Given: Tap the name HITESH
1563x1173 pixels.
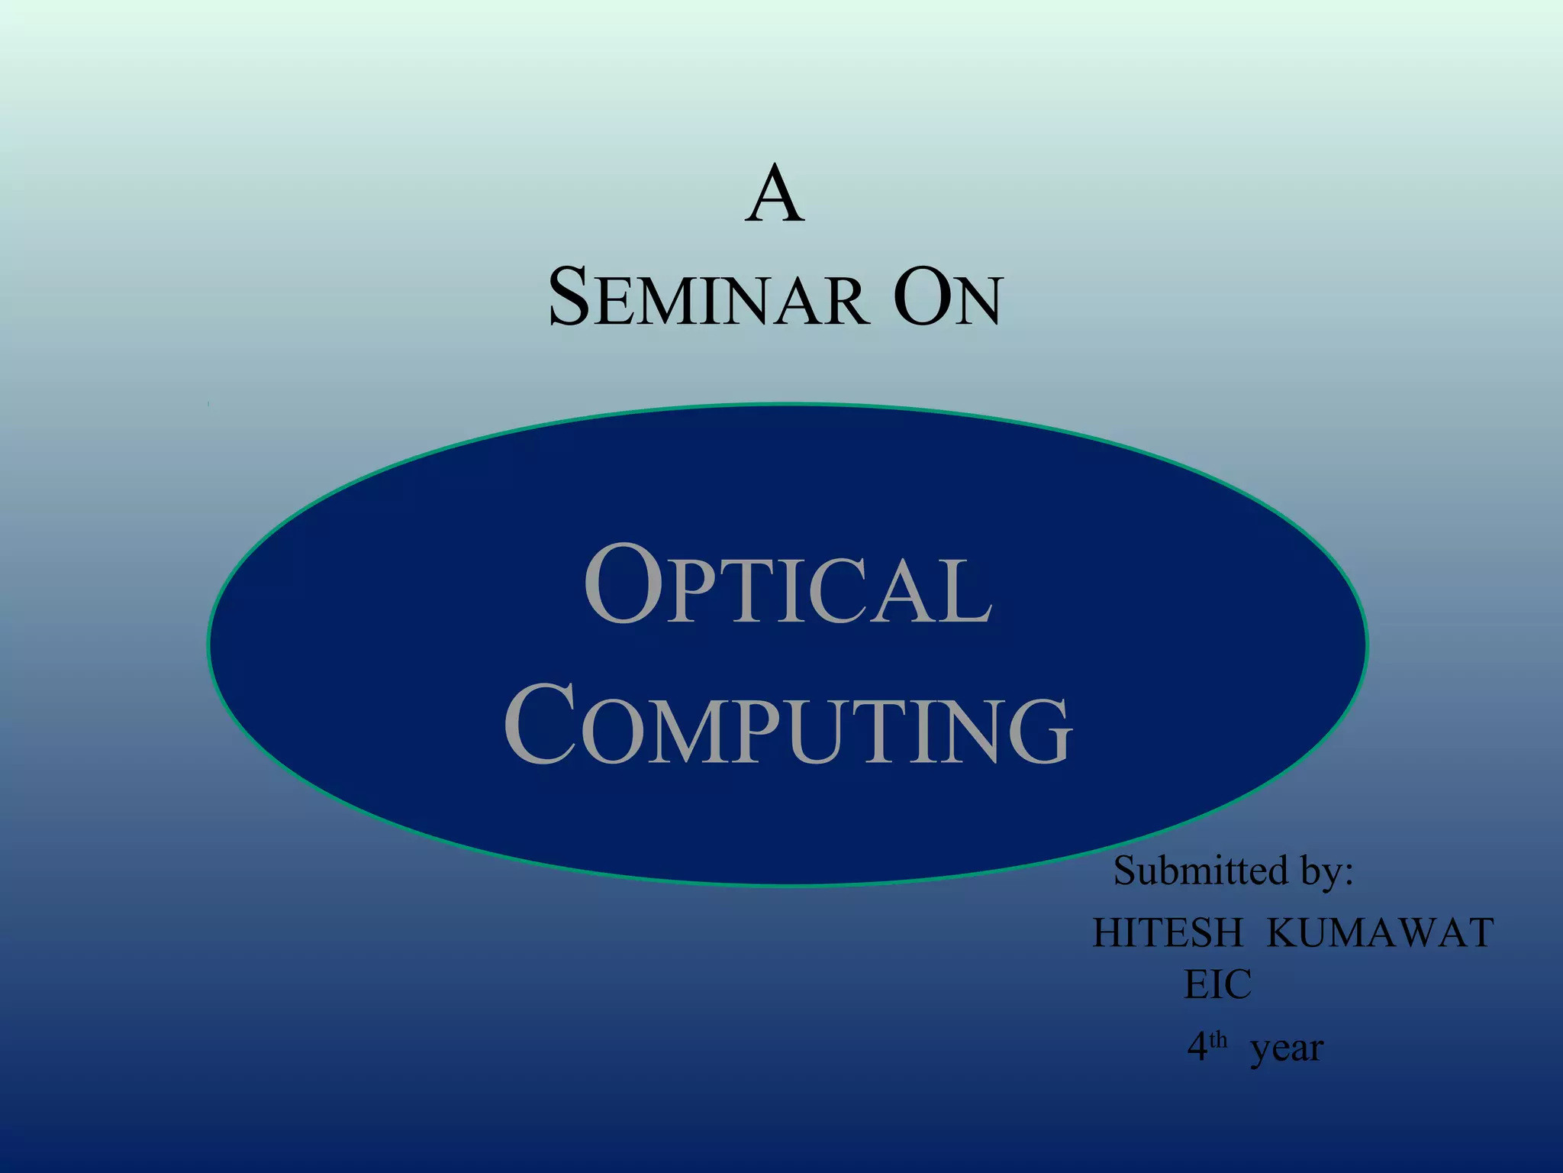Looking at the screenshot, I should point(1168,933).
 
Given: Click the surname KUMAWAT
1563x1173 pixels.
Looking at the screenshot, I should point(1380,933).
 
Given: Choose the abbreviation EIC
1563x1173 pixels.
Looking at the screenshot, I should point(1218,984).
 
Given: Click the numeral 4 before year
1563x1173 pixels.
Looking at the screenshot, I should point(1197,1047).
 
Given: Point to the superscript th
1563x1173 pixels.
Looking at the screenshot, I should point(1218,1039).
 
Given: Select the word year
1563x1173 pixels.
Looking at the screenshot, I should point(1287,1049).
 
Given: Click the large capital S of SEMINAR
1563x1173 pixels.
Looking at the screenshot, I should point(570,297).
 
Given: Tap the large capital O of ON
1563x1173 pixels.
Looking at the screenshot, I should point(922,297).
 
